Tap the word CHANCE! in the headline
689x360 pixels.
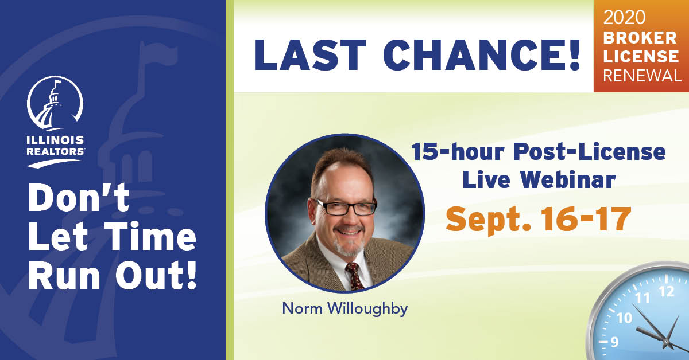pyautogui.click(x=482, y=55)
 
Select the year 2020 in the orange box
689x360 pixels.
pyautogui.click(x=624, y=17)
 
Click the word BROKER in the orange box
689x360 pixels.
pyautogui.click(x=640, y=38)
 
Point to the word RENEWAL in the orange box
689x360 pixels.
pyautogui.click(x=642, y=76)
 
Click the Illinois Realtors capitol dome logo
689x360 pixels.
pyautogui.click(x=55, y=104)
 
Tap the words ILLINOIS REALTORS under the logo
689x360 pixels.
pyautogui.click(x=55, y=146)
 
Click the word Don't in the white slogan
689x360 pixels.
pyautogui.click(x=79, y=198)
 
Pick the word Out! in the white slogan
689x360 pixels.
pyautogui.click(x=156, y=275)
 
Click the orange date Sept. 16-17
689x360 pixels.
pyautogui.click(x=539, y=220)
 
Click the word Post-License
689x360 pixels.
pyautogui.click(x=590, y=152)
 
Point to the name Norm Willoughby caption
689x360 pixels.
pyautogui.click(x=345, y=309)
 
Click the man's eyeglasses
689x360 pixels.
pyautogui.click(x=345, y=207)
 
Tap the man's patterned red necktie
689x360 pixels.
pyautogui.click(x=355, y=276)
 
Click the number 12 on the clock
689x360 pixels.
pyautogui.click(x=667, y=291)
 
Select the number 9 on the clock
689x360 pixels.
pyautogui.click(x=614, y=342)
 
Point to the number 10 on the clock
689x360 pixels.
pyautogui.click(x=624, y=318)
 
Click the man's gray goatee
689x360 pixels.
pyautogui.click(x=349, y=246)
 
